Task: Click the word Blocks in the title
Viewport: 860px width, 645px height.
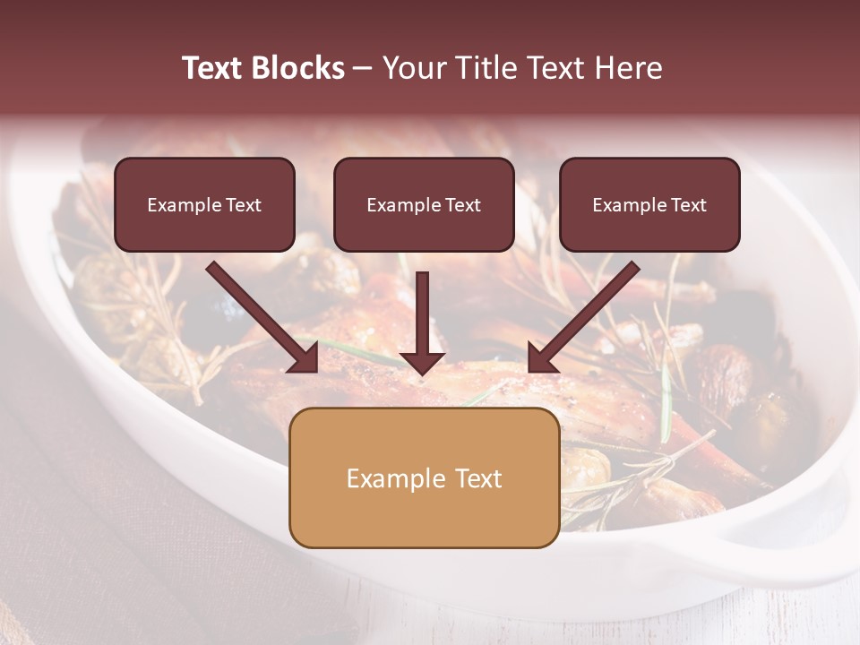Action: (x=297, y=68)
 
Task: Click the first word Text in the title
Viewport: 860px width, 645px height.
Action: (x=212, y=68)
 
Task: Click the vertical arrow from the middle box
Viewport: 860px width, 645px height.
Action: (x=422, y=314)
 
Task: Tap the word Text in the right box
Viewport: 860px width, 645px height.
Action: (x=689, y=205)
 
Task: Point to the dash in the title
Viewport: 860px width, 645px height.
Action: (x=363, y=69)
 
